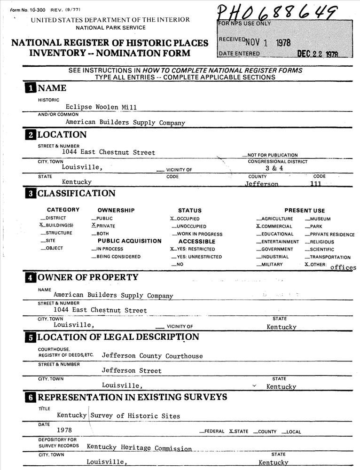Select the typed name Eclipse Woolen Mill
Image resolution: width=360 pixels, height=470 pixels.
coord(101,107)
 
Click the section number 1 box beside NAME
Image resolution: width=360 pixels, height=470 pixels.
coord(30,88)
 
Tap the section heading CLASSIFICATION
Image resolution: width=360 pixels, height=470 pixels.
coord(76,193)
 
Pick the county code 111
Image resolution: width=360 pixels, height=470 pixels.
coord(316,184)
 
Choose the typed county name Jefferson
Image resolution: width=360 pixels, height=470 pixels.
coord(261,184)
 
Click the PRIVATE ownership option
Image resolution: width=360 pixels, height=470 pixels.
coord(104,226)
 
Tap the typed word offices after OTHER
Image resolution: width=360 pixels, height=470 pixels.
coord(343,267)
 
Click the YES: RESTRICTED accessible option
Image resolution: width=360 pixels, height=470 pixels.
coord(193,249)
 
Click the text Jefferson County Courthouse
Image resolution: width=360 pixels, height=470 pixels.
coord(152,356)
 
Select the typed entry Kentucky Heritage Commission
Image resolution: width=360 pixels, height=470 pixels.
coord(139,448)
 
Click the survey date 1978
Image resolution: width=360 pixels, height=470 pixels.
coord(64,430)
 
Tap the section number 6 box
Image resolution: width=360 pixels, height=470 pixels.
coord(30,398)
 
